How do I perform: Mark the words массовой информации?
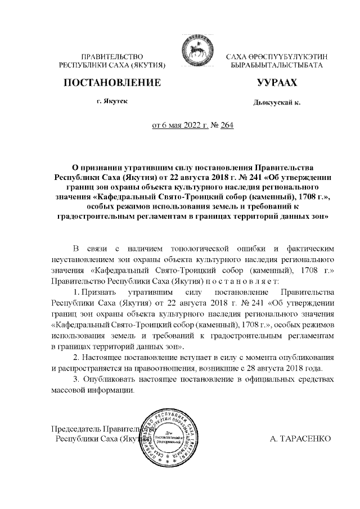click(93, 390)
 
